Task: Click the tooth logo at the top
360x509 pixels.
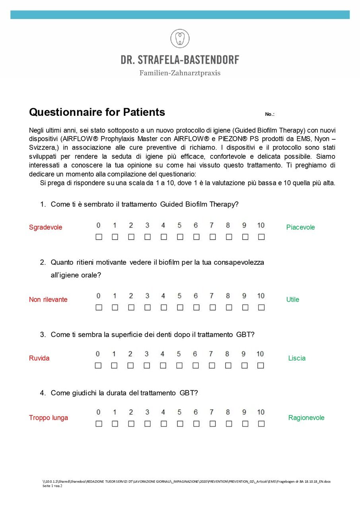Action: (x=180, y=39)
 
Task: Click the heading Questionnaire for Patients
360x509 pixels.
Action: (x=97, y=112)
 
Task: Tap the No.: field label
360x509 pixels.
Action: (x=270, y=115)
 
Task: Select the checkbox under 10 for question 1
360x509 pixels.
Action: (x=261, y=237)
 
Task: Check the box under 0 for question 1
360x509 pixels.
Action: (x=99, y=237)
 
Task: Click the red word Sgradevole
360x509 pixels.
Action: (x=46, y=227)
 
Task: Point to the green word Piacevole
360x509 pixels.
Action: (x=300, y=227)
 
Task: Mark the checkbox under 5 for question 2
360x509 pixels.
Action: (x=180, y=307)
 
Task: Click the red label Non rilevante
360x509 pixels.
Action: (x=48, y=299)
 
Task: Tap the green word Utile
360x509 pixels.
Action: (x=293, y=299)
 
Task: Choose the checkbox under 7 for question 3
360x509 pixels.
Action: (x=212, y=365)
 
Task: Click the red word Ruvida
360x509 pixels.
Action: (x=39, y=358)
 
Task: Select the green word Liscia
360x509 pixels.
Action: (x=297, y=358)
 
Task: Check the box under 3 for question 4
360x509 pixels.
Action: (x=147, y=424)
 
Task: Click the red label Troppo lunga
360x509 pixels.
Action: (x=49, y=417)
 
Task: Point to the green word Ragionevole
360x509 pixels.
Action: (x=306, y=417)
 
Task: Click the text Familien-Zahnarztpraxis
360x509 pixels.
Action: (x=180, y=73)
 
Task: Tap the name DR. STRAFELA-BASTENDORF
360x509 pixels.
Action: (x=180, y=60)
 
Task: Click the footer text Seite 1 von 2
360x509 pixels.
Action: (x=52, y=486)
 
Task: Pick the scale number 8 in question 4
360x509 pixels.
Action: (x=228, y=412)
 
